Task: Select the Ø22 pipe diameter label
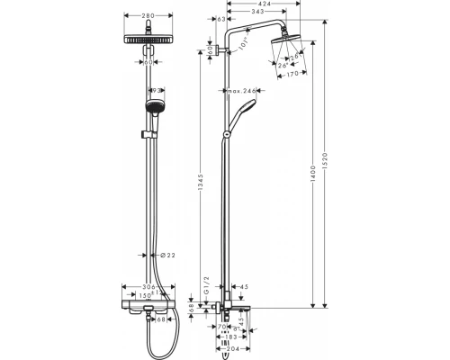click(x=165, y=256)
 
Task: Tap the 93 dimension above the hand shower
click(x=157, y=91)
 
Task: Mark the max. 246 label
click(x=242, y=91)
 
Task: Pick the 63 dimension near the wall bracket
click(x=220, y=18)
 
